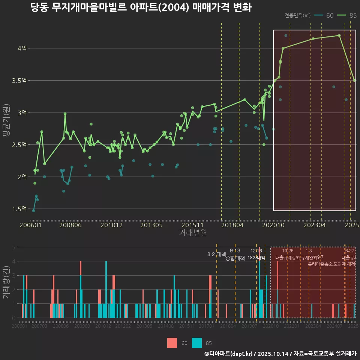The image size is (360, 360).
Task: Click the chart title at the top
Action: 141,7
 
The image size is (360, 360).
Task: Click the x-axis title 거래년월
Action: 193,232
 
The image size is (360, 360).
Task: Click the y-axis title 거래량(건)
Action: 6,282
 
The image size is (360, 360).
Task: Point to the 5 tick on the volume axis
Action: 13,247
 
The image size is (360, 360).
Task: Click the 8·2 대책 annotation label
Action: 214,254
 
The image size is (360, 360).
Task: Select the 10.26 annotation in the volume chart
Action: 288,251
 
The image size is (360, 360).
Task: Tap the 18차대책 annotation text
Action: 256,258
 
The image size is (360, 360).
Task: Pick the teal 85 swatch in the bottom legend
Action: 196,343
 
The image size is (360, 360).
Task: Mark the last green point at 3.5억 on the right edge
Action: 354,80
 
